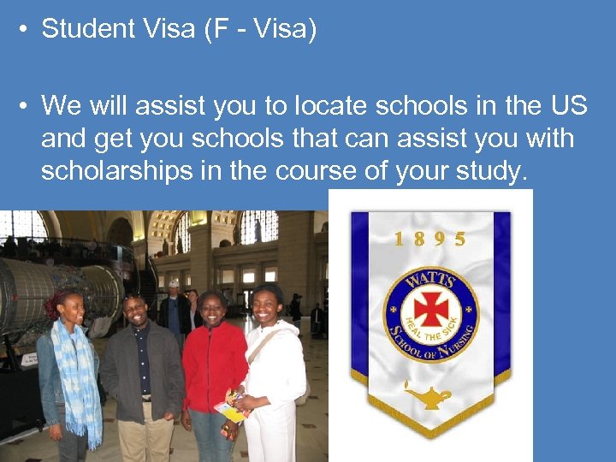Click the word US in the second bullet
click(569, 105)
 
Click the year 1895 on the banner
click(430, 239)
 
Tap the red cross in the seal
click(429, 307)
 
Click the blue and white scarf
click(80, 376)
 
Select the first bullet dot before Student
click(25, 29)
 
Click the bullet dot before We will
click(25, 105)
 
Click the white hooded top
click(275, 376)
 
